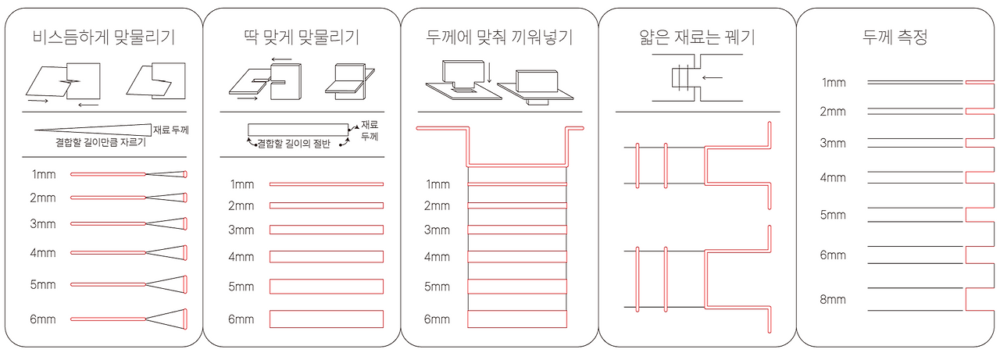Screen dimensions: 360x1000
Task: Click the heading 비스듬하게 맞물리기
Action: (103, 37)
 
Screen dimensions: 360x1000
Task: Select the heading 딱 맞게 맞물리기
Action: (301, 37)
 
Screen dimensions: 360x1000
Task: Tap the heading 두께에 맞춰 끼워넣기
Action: (500, 37)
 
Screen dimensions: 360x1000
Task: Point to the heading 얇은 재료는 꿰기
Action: (697, 37)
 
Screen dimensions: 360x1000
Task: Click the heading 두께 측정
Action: (895, 37)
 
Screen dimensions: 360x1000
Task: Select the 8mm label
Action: (833, 300)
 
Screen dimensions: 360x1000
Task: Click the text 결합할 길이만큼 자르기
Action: (100, 143)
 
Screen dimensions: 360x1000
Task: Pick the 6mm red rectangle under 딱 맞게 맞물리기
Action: (326, 319)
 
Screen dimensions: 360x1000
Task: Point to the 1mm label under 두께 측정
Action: (833, 82)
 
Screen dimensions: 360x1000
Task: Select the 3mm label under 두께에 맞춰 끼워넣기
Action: (437, 230)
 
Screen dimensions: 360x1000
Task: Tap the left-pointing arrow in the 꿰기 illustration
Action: (712, 77)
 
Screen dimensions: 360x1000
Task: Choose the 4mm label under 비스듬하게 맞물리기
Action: (43, 253)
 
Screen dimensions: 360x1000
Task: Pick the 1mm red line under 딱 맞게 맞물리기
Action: (326, 184)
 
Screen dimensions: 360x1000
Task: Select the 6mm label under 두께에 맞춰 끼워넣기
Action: (437, 319)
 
